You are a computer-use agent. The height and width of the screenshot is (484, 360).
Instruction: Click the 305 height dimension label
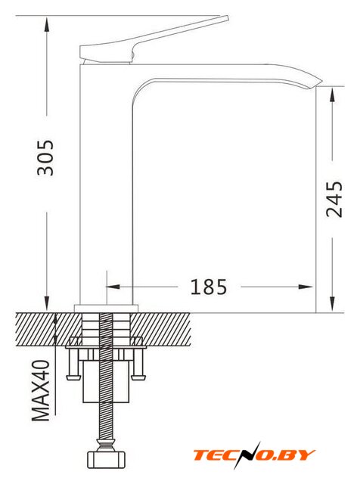45,158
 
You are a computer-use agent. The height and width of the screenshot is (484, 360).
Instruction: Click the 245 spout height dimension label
334,200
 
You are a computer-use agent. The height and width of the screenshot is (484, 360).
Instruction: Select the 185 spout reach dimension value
209,287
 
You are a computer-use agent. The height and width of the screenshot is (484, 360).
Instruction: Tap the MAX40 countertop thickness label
41,390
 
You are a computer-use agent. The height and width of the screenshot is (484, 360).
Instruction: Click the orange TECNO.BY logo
254,455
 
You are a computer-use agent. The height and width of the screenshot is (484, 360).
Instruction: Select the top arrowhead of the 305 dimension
47,24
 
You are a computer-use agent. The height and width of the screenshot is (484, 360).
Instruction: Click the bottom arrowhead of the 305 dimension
47,303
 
